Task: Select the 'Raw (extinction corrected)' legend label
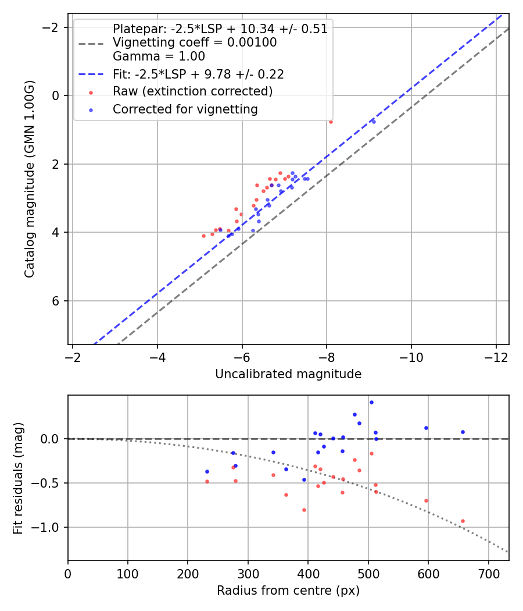click(x=192, y=91)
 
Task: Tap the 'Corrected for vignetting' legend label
click(x=185, y=109)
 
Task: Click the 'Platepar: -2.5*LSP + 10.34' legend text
click(x=220, y=29)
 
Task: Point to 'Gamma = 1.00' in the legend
click(x=159, y=56)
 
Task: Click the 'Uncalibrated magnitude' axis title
click(x=288, y=374)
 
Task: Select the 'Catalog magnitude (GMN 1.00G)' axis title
click(x=30, y=179)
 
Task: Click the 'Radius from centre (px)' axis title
click(x=288, y=591)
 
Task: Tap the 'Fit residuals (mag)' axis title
click(x=18, y=478)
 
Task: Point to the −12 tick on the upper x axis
click(x=496, y=357)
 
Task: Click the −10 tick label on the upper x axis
click(x=411, y=357)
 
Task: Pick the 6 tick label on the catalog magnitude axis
click(x=56, y=301)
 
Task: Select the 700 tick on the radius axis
click(x=488, y=573)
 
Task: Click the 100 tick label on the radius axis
click(x=128, y=573)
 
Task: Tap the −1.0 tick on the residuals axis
click(x=49, y=527)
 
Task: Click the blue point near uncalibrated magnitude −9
click(x=374, y=122)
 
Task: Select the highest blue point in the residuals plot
click(x=371, y=402)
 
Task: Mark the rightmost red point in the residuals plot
click(x=463, y=521)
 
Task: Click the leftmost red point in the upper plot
click(x=203, y=236)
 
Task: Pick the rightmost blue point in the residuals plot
click(x=463, y=432)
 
